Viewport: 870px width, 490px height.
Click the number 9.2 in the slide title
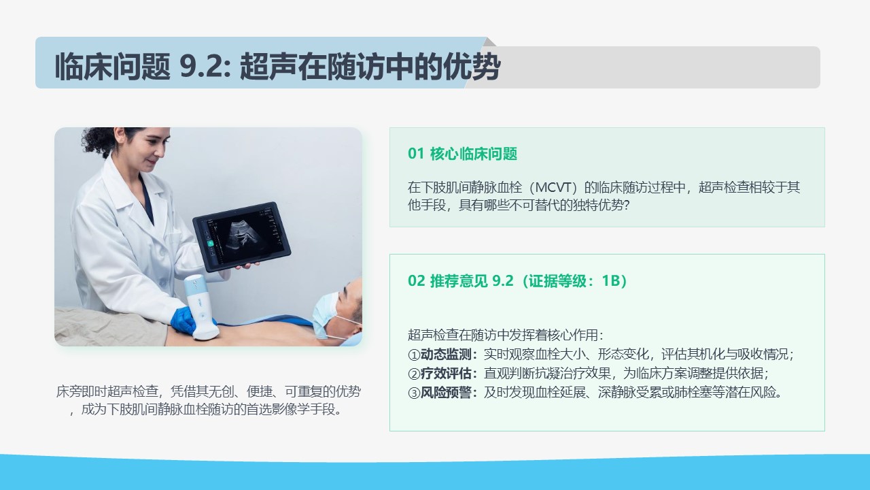205,66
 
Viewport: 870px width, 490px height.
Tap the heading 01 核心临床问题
462,154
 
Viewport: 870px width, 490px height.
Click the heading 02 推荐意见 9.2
461,280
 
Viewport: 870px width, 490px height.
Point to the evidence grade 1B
611,280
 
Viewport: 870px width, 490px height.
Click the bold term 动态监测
446,355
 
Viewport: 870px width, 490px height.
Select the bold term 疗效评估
446,374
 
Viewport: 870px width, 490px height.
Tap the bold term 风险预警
446,393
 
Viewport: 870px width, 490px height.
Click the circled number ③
414,393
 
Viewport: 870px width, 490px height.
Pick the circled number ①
414,355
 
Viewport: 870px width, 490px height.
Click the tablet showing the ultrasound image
241,236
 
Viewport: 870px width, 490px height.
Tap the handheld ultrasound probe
201,306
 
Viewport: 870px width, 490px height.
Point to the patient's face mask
326,314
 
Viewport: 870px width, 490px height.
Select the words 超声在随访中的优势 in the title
370,66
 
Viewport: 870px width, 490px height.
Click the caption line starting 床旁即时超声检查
209,391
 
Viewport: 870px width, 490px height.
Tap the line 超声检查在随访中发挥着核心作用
505,335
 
